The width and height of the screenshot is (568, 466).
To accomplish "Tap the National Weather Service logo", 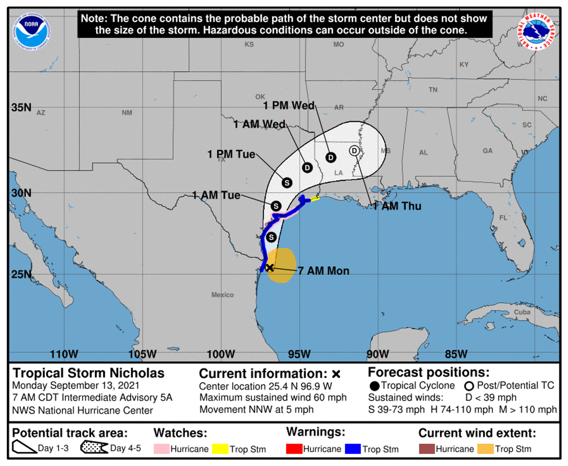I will pos(536,31).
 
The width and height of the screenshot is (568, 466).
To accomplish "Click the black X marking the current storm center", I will pos(269,268).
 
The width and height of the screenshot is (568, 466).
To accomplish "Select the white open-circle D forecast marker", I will pos(354,151).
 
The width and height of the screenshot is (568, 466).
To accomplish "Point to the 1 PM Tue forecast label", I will pos(231,154).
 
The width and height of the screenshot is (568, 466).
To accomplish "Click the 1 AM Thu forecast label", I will pos(397,206).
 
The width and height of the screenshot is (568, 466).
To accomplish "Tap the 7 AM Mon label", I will pos(324,271).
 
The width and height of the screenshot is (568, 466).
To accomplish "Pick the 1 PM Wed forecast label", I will pos(289,105).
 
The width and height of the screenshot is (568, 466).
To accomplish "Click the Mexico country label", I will pos(222,295).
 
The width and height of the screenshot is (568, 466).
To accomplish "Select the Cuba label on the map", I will pos(522,312).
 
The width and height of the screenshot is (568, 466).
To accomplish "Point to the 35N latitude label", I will pos(22,107).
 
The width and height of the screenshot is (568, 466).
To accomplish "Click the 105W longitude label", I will pos(142,354).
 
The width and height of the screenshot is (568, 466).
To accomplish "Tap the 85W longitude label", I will pos(456,354).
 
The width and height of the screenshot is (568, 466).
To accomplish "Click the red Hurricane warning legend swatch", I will pos(294,449).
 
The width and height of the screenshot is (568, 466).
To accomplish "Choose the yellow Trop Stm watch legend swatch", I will pos(220,449).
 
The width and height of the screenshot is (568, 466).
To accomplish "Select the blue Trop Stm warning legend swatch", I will pos(353,449).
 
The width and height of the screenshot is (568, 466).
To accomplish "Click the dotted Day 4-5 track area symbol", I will pos(94,448).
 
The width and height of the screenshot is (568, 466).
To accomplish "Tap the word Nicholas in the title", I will pos(137,373).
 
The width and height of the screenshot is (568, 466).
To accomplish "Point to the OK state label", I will pos(260,97).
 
